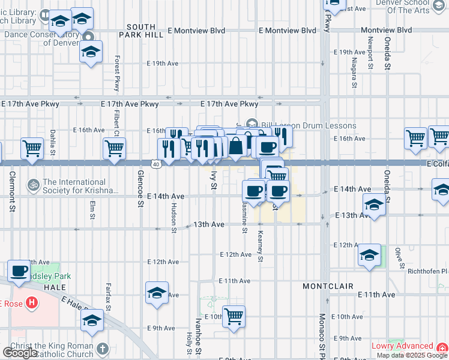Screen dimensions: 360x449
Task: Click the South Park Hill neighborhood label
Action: [x=141, y=32]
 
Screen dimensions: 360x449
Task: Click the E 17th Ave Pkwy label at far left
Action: [x=30, y=104]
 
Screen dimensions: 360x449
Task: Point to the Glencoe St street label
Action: [x=140, y=188]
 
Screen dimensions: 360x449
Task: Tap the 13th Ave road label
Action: [x=209, y=224]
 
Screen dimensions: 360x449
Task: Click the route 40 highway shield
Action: [x=156, y=164]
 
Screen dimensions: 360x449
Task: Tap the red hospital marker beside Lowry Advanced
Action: [x=442, y=347]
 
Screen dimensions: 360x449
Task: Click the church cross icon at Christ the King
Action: [x=103, y=348]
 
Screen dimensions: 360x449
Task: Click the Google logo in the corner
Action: [x=19, y=352]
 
